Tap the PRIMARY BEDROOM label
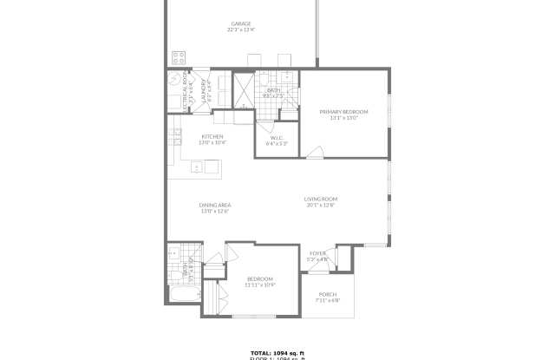[343, 112]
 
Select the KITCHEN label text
[212, 137]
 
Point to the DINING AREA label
[214, 205]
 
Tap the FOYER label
[318, 253]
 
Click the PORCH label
[327, 294]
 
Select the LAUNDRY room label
[205, 89]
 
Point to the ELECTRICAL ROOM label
[185, 88]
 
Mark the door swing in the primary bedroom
[315, 153]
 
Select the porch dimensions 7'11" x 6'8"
[327, 300]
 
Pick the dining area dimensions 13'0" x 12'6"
[214, 211]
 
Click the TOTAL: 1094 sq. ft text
[277, 352]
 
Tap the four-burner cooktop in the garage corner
[179, 58]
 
